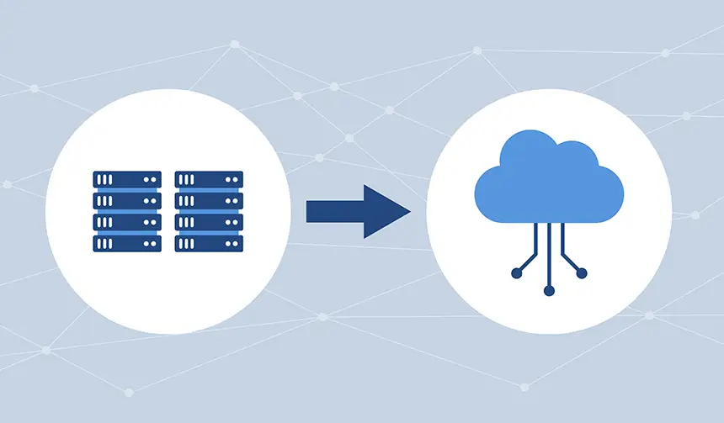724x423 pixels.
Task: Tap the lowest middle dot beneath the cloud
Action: click(549, 290)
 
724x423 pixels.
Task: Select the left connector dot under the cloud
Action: click(516, 272)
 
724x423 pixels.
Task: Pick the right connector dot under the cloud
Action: click(582, 272)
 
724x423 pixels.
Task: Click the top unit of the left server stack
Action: click(126, 179)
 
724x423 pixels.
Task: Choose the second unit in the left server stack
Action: click(126, 200)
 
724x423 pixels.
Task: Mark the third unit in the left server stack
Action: click(126, 221)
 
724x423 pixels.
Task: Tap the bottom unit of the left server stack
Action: click(126, 243)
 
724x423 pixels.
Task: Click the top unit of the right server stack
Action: click(209, 179)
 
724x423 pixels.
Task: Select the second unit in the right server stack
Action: click(209, 200)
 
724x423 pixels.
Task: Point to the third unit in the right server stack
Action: click(209, 221)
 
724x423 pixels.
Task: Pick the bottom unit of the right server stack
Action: click(209, 243)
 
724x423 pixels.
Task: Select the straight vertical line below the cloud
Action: click(549, 252)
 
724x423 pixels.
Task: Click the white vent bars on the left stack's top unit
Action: click(104, 179)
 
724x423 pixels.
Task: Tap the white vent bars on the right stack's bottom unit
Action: click(187, 243)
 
